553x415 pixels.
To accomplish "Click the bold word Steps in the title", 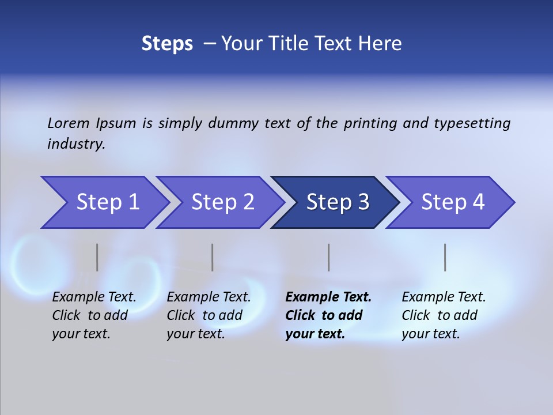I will [167, 44].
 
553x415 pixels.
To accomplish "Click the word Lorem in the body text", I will [69, 123].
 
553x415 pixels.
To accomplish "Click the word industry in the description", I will [75, 144].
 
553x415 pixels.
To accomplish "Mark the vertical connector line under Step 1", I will [97, 257].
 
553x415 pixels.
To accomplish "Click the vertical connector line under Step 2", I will [212, 257].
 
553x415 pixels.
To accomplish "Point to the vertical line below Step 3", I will [328, 257].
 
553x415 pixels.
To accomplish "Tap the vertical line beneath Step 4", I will [445, 257].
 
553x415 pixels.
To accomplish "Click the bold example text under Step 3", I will [327, 315].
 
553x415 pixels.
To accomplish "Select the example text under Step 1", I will [93, 315].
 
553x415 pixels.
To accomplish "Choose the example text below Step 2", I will [208, 315].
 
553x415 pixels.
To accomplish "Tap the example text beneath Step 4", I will [443, 315].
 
